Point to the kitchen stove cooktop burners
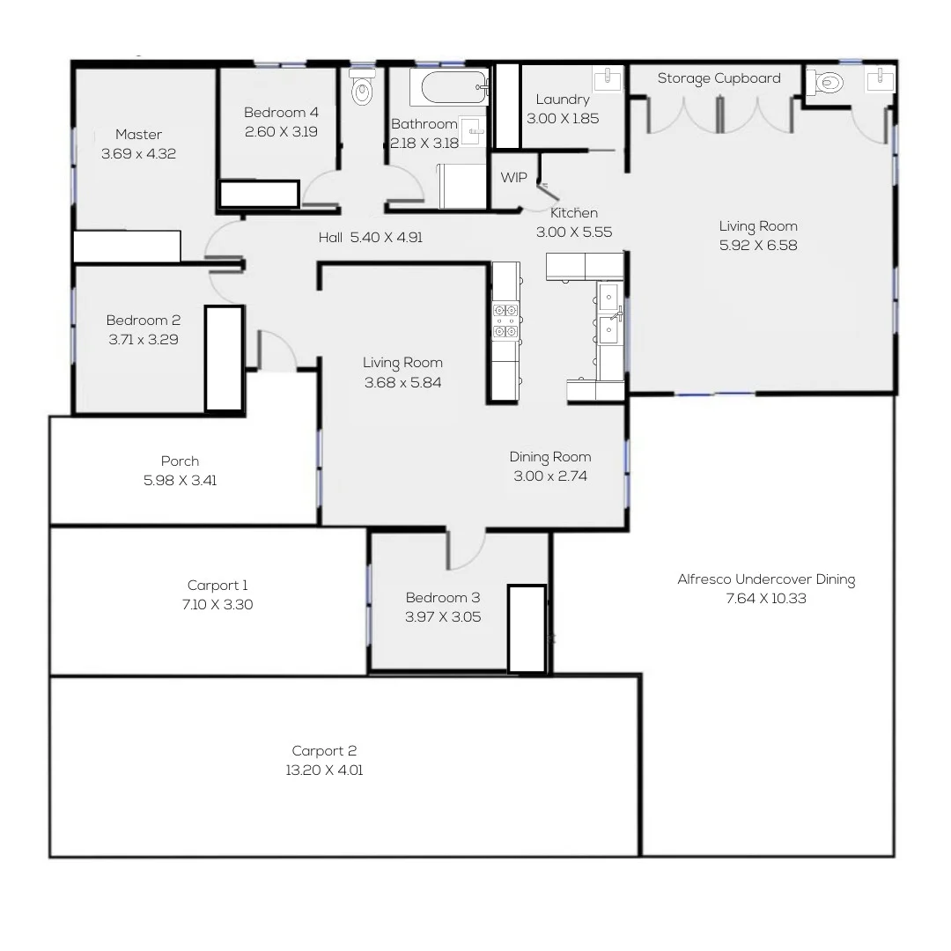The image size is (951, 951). tap(505, 321)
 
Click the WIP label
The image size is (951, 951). tap(514, 178)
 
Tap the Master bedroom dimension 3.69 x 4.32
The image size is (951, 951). tap(138, 153)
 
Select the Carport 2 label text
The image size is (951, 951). tap(324, 751)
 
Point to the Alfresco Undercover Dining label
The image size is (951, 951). tap(766, 579)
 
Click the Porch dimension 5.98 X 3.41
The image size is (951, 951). tap(180, 481)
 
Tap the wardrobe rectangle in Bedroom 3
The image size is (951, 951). tap(527, 629)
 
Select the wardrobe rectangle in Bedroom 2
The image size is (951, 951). tap(224, 358)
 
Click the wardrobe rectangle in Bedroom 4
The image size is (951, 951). tap(259, 194)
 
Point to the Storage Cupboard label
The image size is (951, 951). tap(719, 78)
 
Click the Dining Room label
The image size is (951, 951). tap(549, 457)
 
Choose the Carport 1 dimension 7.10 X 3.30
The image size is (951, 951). tap(217, 605)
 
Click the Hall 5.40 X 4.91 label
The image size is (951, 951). tap(370, 237)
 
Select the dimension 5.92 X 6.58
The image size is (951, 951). tap(758, 246)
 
